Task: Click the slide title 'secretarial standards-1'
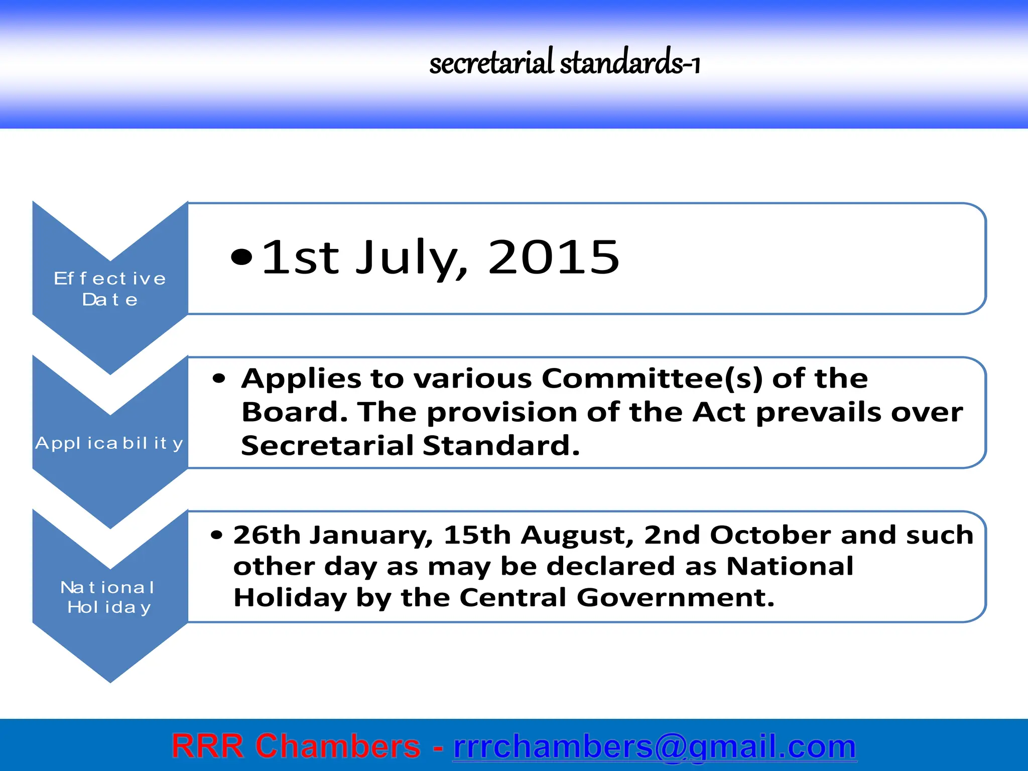coord(564,63)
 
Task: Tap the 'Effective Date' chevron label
coord(110,289)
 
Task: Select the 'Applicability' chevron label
coord(109,443)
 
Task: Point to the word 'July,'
coord(412,257)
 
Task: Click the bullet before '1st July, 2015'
coord(241,257)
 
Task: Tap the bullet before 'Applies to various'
coord(219,379)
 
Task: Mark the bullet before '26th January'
coord(216,536)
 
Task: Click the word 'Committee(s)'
coord(653,378)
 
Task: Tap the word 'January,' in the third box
coord(371,535)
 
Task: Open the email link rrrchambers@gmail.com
coord(655,746)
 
